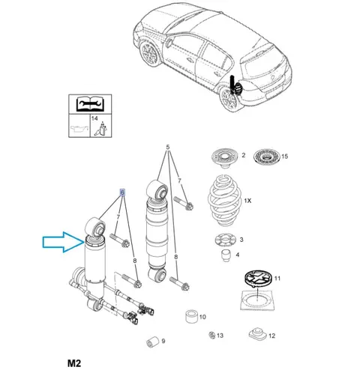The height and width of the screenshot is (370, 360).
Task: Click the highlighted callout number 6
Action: point(122,192)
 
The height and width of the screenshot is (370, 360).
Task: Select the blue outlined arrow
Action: point(64,242)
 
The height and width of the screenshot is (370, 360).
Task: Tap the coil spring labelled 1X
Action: point(224,201)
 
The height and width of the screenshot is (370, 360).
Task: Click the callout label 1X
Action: point(247,201)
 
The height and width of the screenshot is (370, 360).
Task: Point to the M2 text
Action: point(74,363)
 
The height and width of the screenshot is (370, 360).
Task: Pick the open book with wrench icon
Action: point(90,104)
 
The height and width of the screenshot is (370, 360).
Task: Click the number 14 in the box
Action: point(94,118)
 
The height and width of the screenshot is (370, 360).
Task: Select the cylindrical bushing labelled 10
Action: point(192,317)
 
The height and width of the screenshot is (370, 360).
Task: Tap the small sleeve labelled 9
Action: point(152,342)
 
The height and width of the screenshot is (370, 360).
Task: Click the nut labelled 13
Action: point(211,335)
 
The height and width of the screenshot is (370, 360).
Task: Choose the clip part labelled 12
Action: point(258,334)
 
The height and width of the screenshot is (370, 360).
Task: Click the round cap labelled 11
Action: point(258,278)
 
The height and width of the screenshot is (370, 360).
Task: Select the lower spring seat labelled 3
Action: point(225,240)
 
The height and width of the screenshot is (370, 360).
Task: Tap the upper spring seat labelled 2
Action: point(224,158)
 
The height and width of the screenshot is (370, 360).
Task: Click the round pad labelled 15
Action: point(266,157)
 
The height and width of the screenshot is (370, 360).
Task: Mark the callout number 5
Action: point(168,147)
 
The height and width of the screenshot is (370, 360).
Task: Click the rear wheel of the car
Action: point(228,100)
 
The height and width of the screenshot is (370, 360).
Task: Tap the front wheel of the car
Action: point(148,53)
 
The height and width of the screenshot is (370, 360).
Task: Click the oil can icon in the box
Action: point(79,129)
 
